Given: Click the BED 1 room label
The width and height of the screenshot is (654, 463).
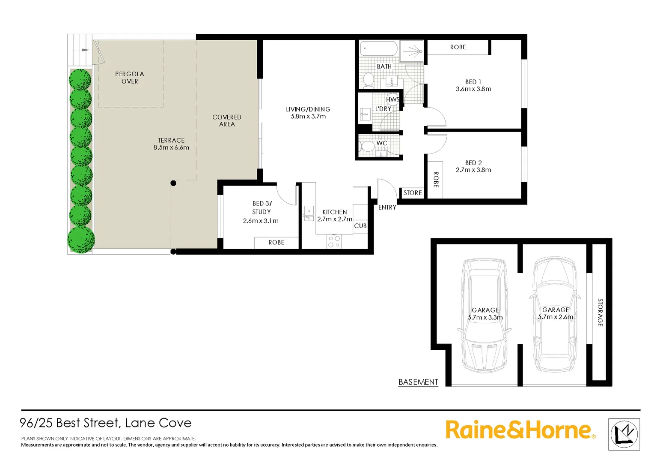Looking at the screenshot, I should click(x=473, y=82).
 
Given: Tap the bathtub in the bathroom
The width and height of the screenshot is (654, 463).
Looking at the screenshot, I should click(x=379, y=48).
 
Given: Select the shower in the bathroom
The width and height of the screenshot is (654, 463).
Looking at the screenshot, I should click(x=412, y=51).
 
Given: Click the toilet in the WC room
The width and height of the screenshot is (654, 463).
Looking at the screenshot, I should click(x=367, y=146).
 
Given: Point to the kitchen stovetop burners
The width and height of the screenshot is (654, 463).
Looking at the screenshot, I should click(x=334, y=241).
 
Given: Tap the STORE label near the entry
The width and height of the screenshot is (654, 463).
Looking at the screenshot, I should click(x=413, y=193).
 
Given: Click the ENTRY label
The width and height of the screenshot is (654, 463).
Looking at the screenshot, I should click(x=387, y=207).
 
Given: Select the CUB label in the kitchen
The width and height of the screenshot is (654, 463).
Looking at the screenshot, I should click(x=360, y=226).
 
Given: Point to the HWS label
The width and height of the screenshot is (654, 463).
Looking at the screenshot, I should click(x=392, y=99).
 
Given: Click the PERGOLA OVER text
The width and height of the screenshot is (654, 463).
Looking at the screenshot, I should click(x=130, y=78).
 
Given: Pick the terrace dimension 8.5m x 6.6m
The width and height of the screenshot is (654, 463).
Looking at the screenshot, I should click(x=171, y=147).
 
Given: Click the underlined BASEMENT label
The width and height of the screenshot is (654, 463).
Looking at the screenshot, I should click(x=418, y=382).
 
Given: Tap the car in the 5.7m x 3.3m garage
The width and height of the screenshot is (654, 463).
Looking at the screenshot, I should click(x=485, y=317).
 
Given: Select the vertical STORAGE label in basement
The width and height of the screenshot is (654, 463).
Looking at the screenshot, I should click(x=600, y=313).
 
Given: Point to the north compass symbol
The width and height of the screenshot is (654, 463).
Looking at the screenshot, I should click(x=624, y=434).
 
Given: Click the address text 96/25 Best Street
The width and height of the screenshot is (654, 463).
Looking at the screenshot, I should click(x=106, y=423).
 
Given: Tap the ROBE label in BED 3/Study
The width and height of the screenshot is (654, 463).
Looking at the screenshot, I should click(x=276, y=243).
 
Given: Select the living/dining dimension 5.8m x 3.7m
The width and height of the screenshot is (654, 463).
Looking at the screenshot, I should click(x=308, y=117).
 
